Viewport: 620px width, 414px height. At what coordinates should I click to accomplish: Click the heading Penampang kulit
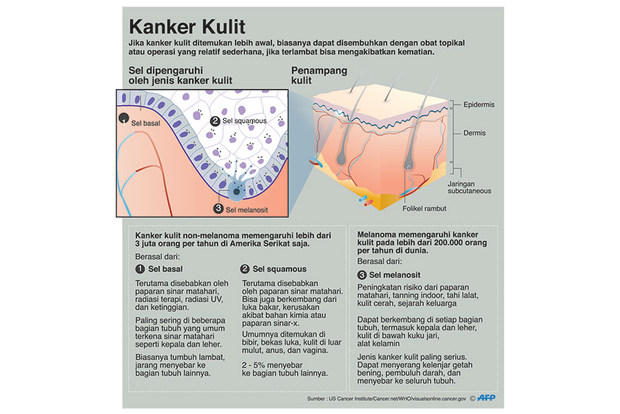pos(319,75)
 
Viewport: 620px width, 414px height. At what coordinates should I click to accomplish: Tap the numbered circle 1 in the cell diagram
pos(124,119)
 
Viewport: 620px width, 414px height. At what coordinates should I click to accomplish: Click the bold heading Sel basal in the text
pos(164,268)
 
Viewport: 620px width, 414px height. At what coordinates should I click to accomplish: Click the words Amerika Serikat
pos(276,244)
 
